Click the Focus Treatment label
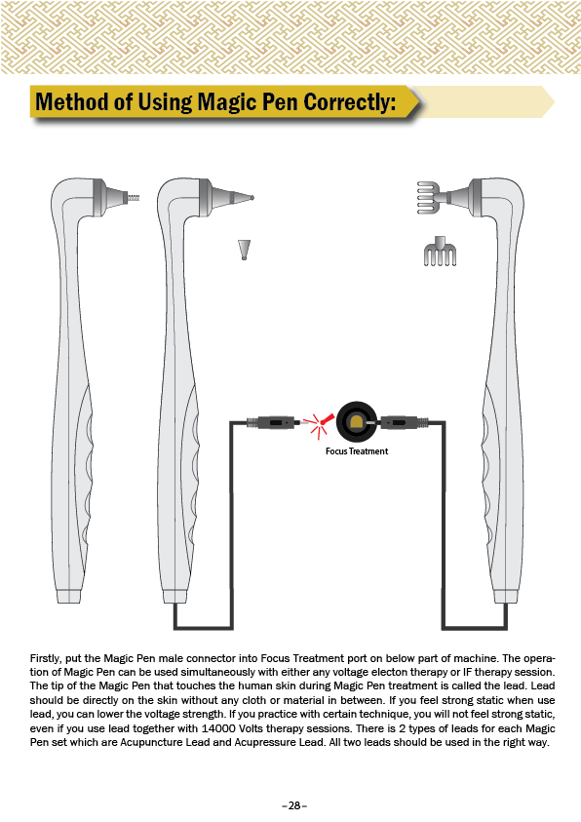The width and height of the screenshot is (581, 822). [357, 451]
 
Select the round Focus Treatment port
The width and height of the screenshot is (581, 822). [356, 422]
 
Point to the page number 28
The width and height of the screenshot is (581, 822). [294, 805]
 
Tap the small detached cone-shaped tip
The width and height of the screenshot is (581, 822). [244, 250]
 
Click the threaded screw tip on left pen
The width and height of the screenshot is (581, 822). [135, 198]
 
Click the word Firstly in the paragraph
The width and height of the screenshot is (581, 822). [46, 658]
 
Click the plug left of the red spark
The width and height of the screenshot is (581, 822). [273, 422]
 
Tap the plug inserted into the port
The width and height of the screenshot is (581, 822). [400, 422]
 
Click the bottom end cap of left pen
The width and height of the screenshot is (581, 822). [69, 596]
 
